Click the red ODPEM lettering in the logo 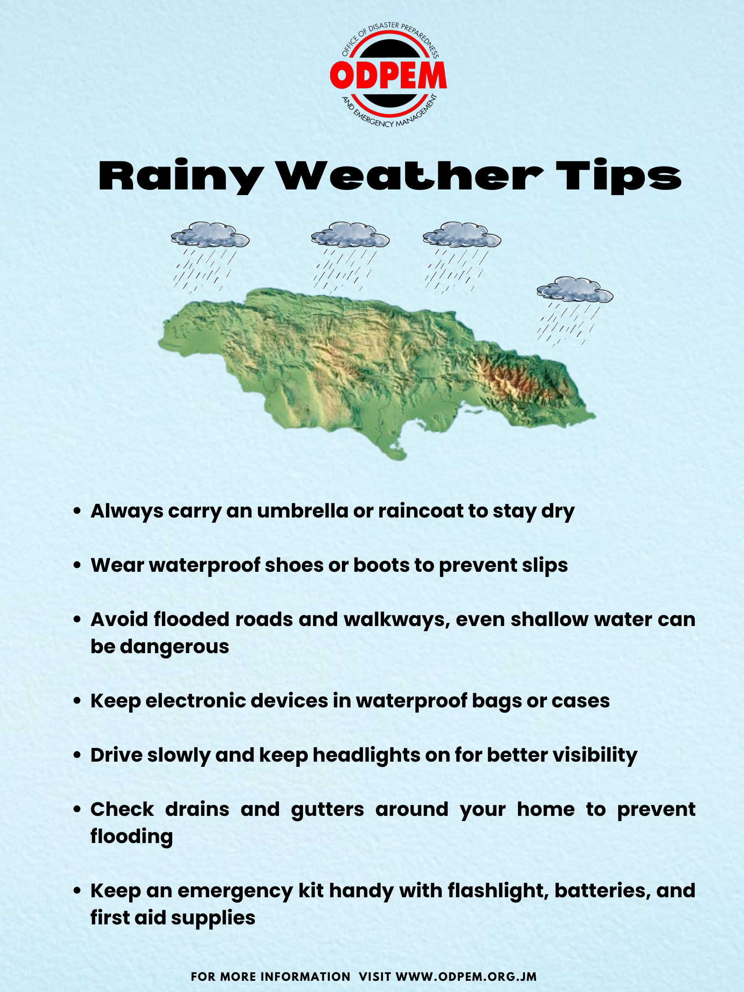pos(388,75)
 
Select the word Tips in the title pos(619,177)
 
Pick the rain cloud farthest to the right pos(575,290)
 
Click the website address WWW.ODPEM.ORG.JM pos(466,976)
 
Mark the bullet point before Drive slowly pos(77,755)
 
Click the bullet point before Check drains pos(77,809)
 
